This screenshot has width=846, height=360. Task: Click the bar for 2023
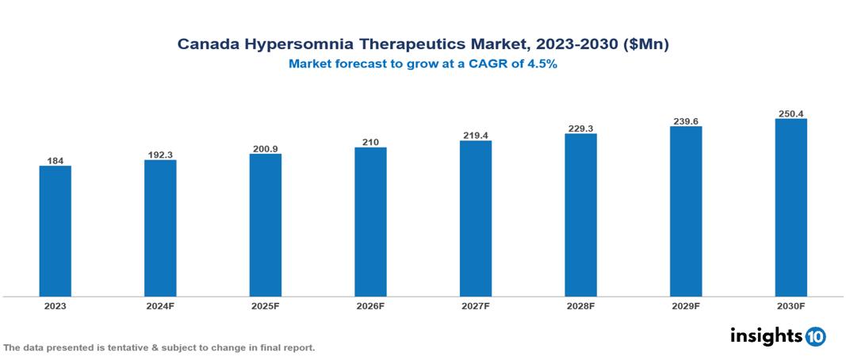click(x=56, y=231)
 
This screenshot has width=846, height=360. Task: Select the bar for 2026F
click(x=370, y=222)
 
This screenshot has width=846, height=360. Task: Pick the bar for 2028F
click(x=580, y=215)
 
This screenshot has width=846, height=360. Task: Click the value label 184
click(x=56, y=160)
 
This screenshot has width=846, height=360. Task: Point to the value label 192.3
click(x=160, y=155)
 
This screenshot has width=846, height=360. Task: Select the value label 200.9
click(x=266, y=148)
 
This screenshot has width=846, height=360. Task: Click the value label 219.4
click(x=475, y=136)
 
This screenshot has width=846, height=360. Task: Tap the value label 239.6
click(x=686, y=121)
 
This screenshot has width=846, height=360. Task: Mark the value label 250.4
click(x=790, y=113)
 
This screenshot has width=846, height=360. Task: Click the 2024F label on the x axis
click(x=160, y=305)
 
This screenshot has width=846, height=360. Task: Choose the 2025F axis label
click(x=266, y=305)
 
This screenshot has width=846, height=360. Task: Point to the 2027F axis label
click(x=475, y=305)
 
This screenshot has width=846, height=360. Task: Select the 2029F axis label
click(x=686, y=305)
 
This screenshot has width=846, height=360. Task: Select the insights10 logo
click(x=777, y=335)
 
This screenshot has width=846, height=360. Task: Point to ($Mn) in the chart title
click(x=648, y=44)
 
